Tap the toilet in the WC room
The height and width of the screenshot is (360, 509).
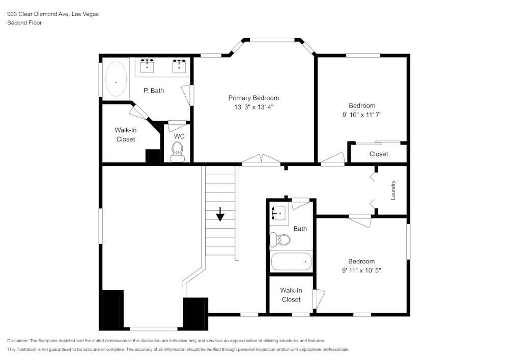pyautogui.click(x=177, y=150)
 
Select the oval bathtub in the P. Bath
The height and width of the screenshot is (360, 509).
pyautogui.click(x=116, y=79)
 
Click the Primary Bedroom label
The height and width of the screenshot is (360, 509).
pyautogui.click(x=253, y=98)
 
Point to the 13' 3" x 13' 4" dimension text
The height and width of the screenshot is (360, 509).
pyautogui.click(x=253, y=107)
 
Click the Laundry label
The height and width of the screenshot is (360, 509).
pyautogui.click(x=393, y=190)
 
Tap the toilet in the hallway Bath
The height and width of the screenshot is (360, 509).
pyautogui.click(x=280, y=239)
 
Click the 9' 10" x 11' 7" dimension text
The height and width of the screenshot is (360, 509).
pyautogui.click(x=362, y=115)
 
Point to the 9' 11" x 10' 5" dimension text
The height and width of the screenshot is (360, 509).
pyautogui.click(x=361, y=270)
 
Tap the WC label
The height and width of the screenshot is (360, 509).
pyautogui.click(x=179, y=136)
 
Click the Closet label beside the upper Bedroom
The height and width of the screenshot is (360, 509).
pyautogui.click(x=378, y=154)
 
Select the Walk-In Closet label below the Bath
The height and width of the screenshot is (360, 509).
pyautogui.click(x=291, y=295)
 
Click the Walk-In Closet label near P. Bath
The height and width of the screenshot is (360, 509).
pyautogui.click(x=125, y=134)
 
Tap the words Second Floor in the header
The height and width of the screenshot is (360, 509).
pyautogui.click(x=24, y=23)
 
